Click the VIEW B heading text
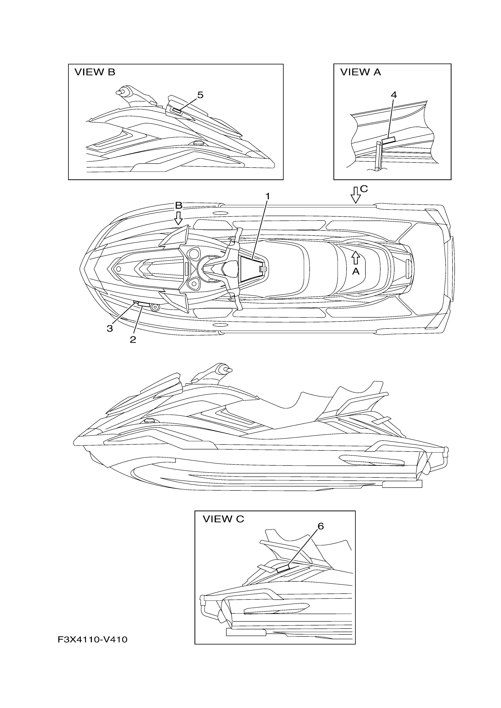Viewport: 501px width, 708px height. [x=95, y=72]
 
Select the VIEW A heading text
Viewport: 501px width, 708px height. [x=360, y=72]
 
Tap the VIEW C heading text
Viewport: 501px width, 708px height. [x=223, y=519]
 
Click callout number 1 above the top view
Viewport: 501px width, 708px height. [x=268, y=196]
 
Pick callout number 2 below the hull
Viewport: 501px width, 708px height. [x=133, y=339]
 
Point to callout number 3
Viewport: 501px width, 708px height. [x=110, y=329]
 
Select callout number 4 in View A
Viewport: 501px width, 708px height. [x=393, y=95]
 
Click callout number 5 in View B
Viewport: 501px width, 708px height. [x=200, y=95]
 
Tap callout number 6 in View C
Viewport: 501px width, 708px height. [x=321, y=526]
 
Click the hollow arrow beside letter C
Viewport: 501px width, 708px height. [x=356, y=195]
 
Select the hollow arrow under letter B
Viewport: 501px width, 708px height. [x=178, y=218]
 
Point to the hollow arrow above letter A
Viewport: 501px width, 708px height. [x=356, y=258]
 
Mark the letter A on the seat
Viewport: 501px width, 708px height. [x=356, y=271]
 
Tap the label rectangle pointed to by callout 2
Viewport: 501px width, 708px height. [x=144, y=305]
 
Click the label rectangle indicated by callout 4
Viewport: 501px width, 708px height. [x=389, y=140]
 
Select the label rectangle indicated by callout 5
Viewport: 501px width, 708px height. [x=177, y=111]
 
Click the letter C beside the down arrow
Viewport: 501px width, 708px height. [x=364, y=189]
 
